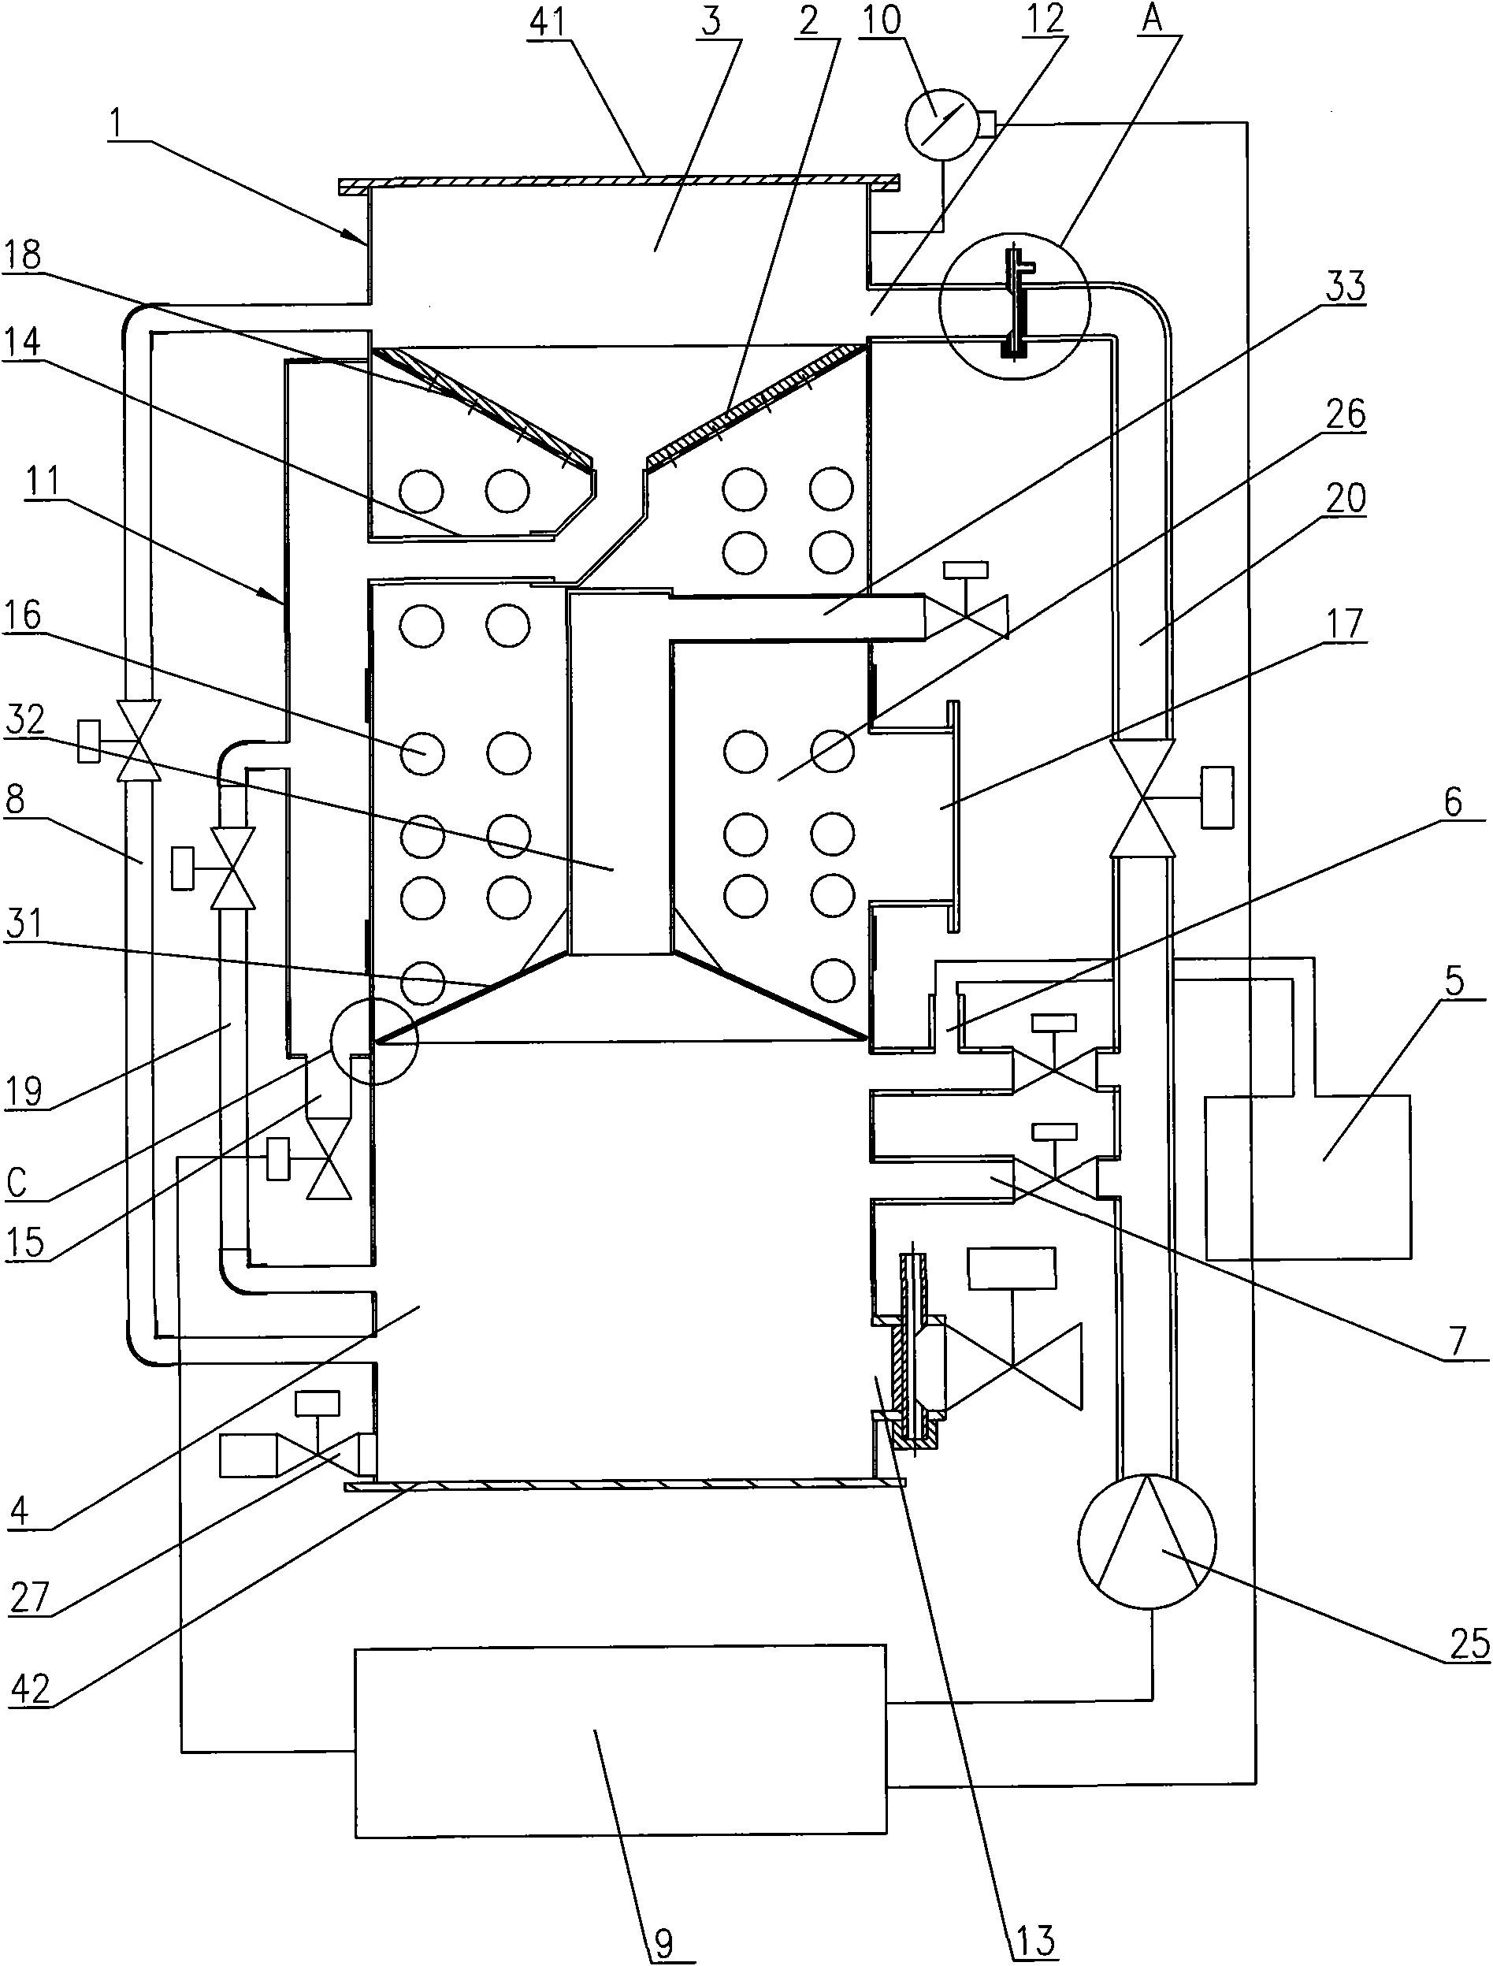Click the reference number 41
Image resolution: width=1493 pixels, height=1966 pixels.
click(548, 22)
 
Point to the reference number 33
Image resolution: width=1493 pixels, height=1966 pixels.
click(1346, 287)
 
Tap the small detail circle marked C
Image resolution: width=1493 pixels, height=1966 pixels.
click(373, 1040)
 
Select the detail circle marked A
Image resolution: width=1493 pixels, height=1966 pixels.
click(1015, 305)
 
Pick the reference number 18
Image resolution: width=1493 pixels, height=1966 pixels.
click(21, 255)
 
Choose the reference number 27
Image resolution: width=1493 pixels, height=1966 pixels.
click(30, 1596)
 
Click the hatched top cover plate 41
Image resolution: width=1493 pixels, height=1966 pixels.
click(620, 183)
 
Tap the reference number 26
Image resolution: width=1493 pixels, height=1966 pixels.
click(1346, 414)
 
